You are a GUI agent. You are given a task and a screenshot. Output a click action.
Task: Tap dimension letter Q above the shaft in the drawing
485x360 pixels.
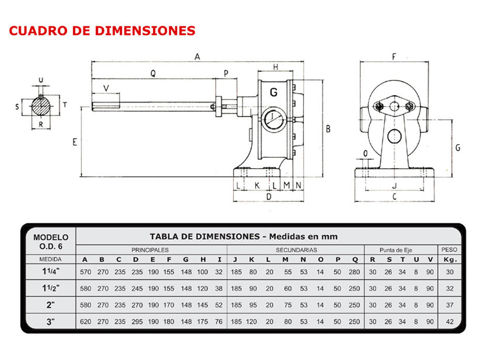tap(153, 73)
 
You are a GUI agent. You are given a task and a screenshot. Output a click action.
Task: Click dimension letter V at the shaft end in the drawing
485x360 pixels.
tap(106, 88)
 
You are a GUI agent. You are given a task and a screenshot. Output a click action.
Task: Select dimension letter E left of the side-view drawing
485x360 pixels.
tap(75, 142)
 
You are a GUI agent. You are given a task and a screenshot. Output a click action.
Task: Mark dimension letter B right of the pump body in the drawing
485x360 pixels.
tap(328, 129)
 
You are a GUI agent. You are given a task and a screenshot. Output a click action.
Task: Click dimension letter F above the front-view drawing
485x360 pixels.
tap(394, 57)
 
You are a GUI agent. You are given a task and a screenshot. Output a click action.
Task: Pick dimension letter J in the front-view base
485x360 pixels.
tap(394, 185)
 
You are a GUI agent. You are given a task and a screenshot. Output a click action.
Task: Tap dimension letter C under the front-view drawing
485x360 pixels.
tap(394, 197)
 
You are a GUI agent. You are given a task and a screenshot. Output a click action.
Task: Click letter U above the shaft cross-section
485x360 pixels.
tap(41, 80)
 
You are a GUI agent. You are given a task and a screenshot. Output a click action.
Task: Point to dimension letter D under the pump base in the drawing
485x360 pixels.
tap(268, 197)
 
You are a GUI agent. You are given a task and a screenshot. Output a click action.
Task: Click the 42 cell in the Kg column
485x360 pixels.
tap(450, 322)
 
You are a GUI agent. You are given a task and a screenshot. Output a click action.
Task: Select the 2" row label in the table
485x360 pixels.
tap(50, 305)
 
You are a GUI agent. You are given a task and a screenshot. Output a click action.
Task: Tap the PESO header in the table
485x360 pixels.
tap(449, 250)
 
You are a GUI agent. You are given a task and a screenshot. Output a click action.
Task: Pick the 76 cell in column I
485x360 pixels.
tap(219, 322)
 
